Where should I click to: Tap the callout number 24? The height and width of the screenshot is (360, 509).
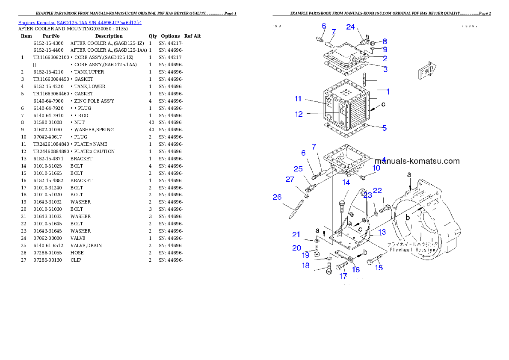[x=350, y=27]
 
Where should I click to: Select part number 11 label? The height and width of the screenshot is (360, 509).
[x=298, y=99]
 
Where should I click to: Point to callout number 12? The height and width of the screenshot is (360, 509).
[x=299, y=114]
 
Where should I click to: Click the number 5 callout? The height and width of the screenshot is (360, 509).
[x=385, y=128]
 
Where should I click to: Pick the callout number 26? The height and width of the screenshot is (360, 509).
[x=277, y=197]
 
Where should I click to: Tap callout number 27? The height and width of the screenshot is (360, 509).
[x=290, y=179]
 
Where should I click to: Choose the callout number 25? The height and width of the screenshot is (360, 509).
[x=298, y=168]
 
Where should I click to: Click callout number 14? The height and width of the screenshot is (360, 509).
[x=346, y=183]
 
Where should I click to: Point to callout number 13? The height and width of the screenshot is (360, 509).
[x=382, y=232]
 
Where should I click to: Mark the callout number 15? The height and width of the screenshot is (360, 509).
[x=379, y=268]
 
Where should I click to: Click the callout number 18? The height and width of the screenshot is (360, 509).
[x=305, y=266]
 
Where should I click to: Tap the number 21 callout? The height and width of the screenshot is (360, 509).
[x=296, y=234]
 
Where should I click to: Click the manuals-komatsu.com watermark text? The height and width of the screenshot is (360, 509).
[x=417, y=161]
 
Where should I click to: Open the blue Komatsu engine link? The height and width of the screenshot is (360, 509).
[x=80, y=22]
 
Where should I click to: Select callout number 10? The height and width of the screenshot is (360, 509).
[x=376, y=168]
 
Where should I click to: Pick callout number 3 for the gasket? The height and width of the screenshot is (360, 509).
[x=385, y=69]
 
